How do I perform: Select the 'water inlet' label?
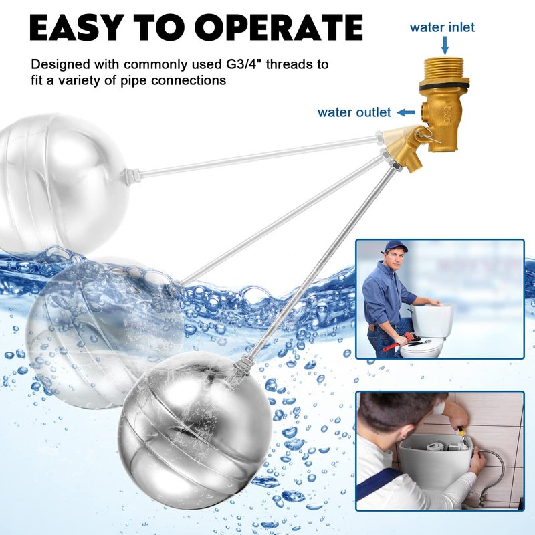(x=442, y=27)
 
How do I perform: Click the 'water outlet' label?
(x=354, y=112)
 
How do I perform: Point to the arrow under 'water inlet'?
(x=445, y=45)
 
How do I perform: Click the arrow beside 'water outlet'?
(x=406, y=112)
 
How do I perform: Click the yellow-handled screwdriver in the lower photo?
(x=462, y=436)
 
